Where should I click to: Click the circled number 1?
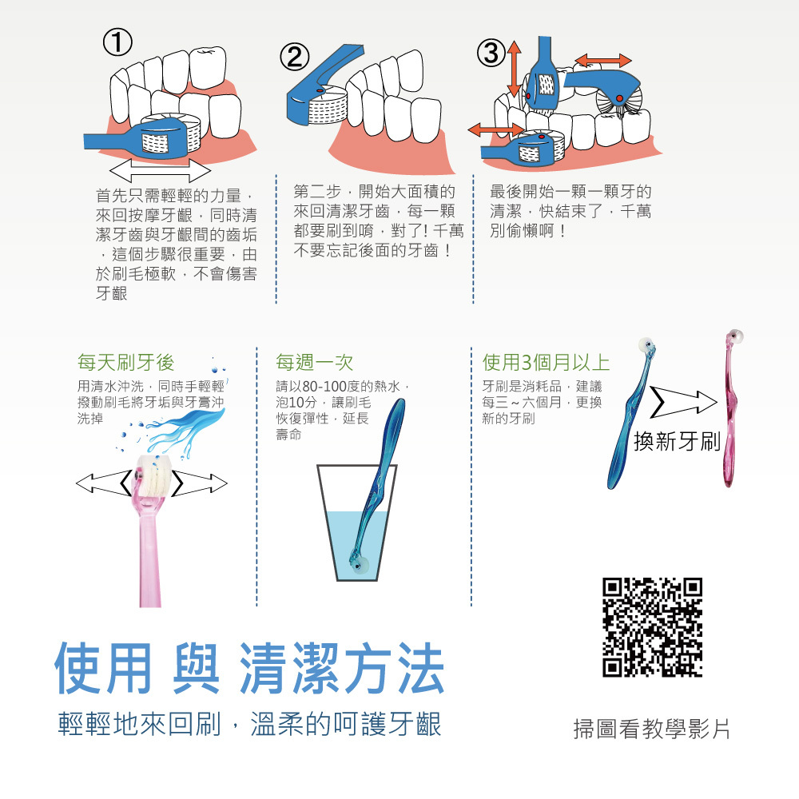click(x=117, y=42)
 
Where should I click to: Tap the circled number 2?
click(x=294, y=57)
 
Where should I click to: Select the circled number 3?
click(x=491, y=53)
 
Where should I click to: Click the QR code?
click(x=652, y=626)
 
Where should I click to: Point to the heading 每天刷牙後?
click(x=126, y=362)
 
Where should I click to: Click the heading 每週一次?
click(x=314, y=362)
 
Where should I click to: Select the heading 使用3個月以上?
click(x=546, y=362)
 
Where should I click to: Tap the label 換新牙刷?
click(x=677, y=441)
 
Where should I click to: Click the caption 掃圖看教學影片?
click(x=651, y=729)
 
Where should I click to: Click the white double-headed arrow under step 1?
click(x=160, y=169)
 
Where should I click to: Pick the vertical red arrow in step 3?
click(x=514, y=69)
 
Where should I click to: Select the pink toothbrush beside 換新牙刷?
click(x=731, y=407)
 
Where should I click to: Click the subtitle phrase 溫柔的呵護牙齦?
click(x=346, y=724)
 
